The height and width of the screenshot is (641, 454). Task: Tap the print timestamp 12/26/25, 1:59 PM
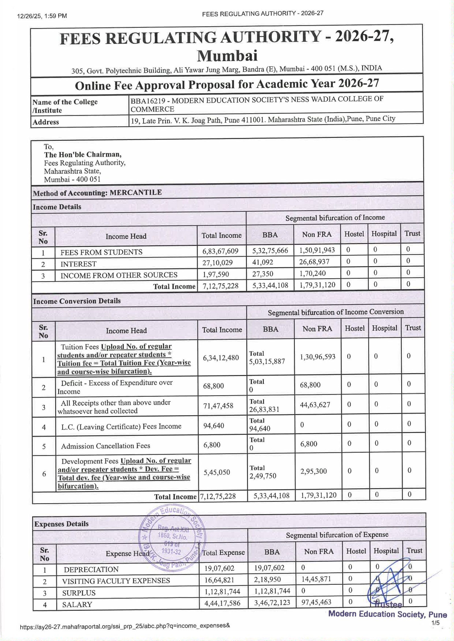(42, 16)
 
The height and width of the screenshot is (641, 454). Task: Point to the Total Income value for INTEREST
(217, 263)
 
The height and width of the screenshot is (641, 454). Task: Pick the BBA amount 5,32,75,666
(270, 251)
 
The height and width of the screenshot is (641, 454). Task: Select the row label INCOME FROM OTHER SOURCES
(119, 275)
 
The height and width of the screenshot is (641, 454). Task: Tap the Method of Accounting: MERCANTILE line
(97, 193)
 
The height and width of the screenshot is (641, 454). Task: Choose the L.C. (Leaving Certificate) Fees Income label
(121, 427)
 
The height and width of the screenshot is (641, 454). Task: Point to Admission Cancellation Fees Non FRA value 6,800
(309, 444)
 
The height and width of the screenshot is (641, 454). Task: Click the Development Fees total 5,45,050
(217, 472)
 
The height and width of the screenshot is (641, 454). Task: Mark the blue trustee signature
(390, 585)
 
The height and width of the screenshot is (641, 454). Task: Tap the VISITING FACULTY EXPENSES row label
(116, 581)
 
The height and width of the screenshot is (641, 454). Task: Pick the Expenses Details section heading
(61, 524)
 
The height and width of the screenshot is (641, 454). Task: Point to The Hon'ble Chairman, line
(83, 155)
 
